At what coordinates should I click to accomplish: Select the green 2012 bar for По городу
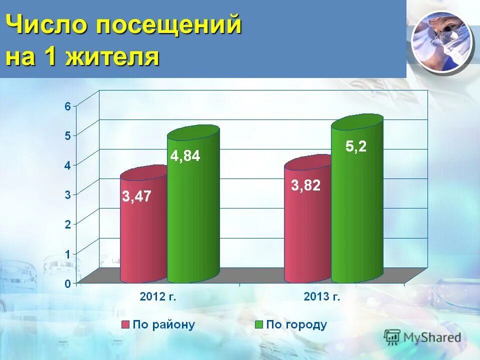pos(193,215)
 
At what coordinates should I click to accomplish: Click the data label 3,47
pos(137,196)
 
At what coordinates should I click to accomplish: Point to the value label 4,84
pos(185,156)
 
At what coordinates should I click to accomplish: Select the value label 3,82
pos(305,185)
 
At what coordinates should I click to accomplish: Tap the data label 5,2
pos(356,146)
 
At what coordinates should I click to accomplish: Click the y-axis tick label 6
pos(67,105)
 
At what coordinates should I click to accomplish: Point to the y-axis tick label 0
pos(67,283)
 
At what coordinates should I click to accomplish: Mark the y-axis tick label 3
pos(67,194)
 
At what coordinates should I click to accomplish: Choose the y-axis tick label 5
pos(67,135)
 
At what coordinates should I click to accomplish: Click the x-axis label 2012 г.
pos(157,296)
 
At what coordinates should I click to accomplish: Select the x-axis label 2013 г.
pos(321,296)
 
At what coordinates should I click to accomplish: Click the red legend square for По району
pos(125,324)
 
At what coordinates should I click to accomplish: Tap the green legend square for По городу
pos(258,324)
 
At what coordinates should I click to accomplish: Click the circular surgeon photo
pos(442,41)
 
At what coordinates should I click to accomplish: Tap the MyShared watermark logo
pos(422,337)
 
